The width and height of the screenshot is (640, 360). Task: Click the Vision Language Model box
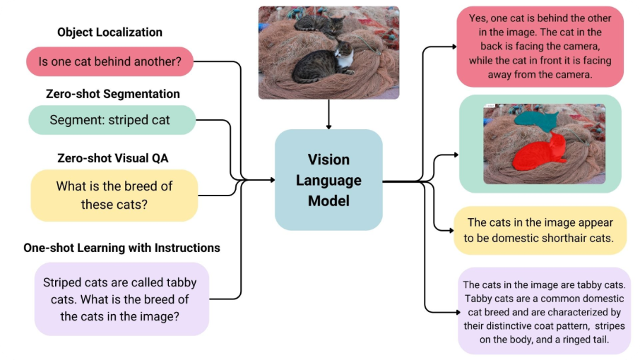click(328, 180)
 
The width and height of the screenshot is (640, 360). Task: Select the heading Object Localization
click(109, 32)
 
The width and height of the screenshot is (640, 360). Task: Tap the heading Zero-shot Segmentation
click(112, 94)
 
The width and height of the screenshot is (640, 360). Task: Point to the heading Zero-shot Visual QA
click(112, 157)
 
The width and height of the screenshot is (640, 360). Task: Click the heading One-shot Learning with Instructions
click(122, 248)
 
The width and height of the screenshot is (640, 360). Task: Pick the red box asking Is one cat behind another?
click(110, 61)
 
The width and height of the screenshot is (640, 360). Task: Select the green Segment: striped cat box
click(109, 120)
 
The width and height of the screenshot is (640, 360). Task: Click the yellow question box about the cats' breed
click(114, 195)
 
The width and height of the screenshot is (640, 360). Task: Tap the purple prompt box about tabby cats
click(121, 299)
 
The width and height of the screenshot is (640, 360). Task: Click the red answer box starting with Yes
click(540, 47)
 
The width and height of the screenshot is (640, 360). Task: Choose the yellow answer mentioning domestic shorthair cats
click(540, 231)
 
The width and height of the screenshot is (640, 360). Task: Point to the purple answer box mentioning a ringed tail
click(543, 311)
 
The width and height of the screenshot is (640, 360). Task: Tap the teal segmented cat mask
click(535, 121)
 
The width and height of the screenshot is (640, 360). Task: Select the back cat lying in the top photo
click(316, 25)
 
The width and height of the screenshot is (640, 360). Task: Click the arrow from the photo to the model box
click(329, 114)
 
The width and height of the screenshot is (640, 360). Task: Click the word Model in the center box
click(328, 200)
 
